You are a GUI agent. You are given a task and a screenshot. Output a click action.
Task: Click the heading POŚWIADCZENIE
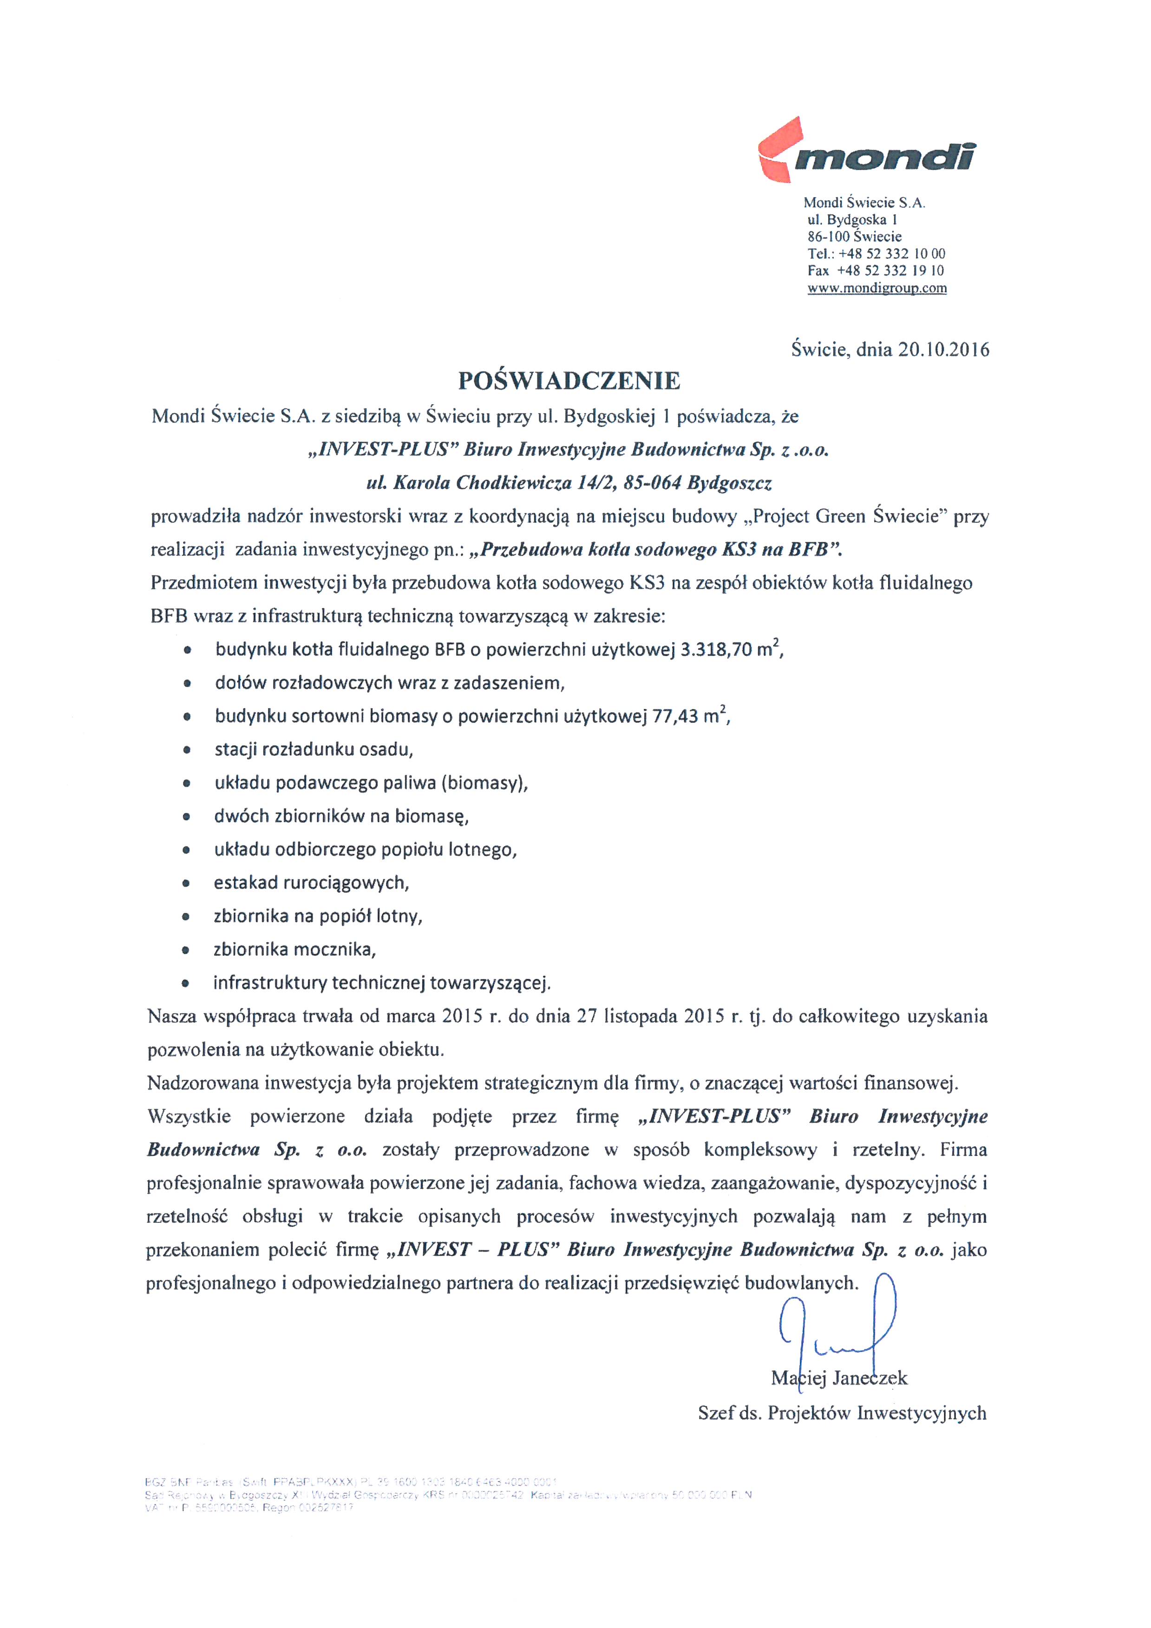[569, 381]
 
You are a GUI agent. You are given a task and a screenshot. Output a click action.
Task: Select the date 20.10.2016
[943, 349]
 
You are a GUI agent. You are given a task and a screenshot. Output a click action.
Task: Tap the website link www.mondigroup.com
[876, 288]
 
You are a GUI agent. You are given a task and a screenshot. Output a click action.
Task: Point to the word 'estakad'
[245, 883]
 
